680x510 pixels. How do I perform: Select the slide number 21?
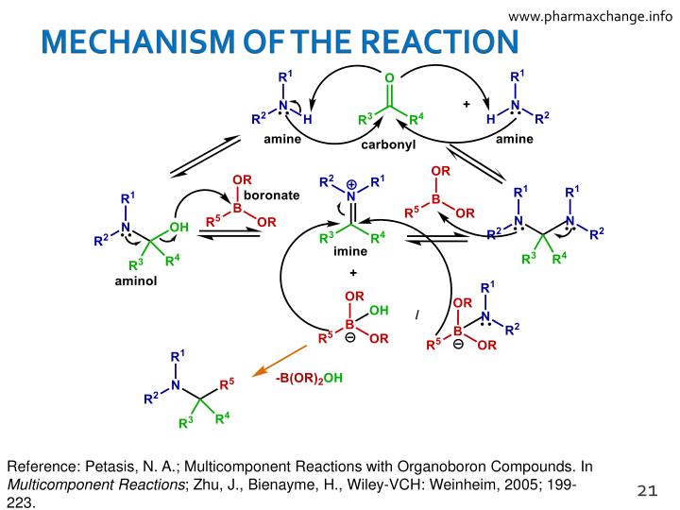coord(646,489)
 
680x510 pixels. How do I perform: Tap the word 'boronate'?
coord(273,195)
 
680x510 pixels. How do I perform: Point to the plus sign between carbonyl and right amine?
coord(466,105)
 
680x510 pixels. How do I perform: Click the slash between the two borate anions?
coord(416,313)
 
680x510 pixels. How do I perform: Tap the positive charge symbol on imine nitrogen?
coord(351,183)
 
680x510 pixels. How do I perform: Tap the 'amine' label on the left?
coord(282,140)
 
